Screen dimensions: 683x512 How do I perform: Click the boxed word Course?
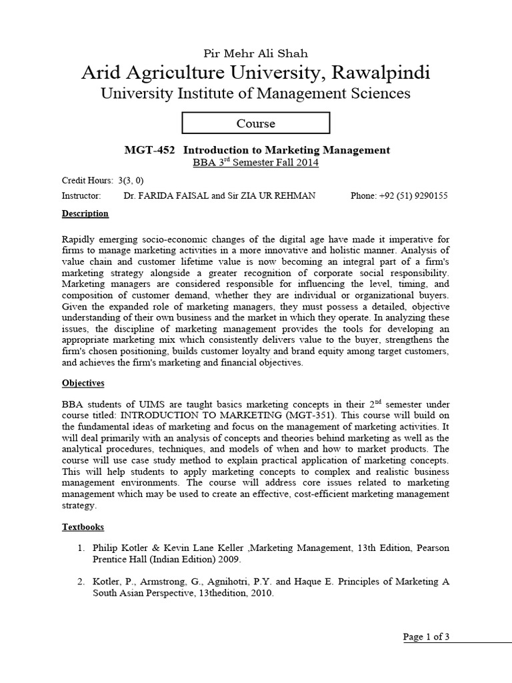pyautogui.click(x=255, y=123)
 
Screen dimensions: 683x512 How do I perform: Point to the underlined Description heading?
pyautogui.click(x=85, y=214)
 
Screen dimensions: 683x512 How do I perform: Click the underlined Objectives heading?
pyautogui.click(x=83, y=384)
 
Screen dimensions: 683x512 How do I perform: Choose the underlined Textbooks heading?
pyautogui.click(x=83, y=527)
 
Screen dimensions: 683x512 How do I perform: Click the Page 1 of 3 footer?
pyautogui.click(x=427, y=637)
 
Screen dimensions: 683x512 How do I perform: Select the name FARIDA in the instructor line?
pyautogui.click(x=159, y=196)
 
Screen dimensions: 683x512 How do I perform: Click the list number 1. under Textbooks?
pyautogui.click(x=80, y=548)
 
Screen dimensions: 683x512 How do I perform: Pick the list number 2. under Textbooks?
pyautogui.click(x=80, y=582)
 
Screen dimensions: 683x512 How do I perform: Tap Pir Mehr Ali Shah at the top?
pyautogui.click(x=255, y=53)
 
